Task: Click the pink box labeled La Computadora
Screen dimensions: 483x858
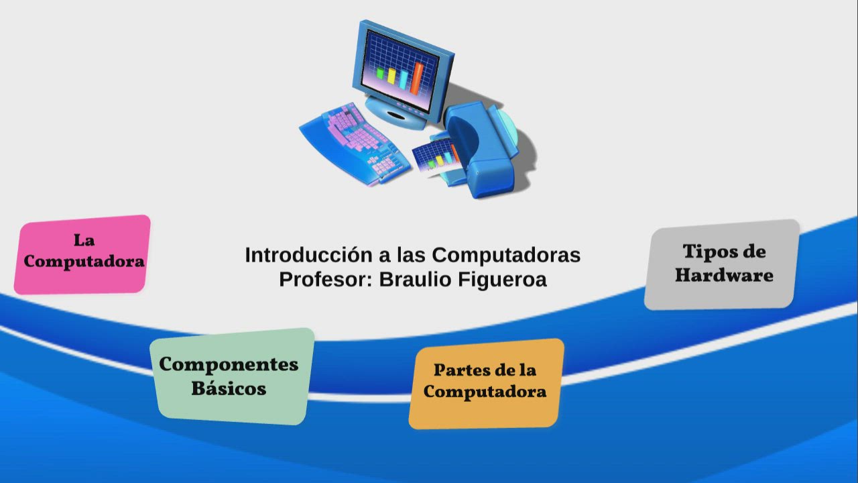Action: pos(82,254)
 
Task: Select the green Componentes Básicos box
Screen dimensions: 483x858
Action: pos(231,376)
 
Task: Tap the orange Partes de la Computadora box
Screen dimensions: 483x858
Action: pos(486,383)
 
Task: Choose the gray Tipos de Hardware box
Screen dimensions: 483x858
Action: pos(722,264)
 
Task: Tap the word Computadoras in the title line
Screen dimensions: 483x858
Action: pos(506,255)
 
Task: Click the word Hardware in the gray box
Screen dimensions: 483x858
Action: pos(724,275)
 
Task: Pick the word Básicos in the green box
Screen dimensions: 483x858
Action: pos(229,388)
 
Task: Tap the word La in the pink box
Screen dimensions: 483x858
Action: pos(84,240)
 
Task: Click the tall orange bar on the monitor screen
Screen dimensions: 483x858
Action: pos(417,78)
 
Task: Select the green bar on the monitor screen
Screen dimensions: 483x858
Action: pos(380,73)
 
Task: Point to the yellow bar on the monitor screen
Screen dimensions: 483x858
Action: pos(391,75)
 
